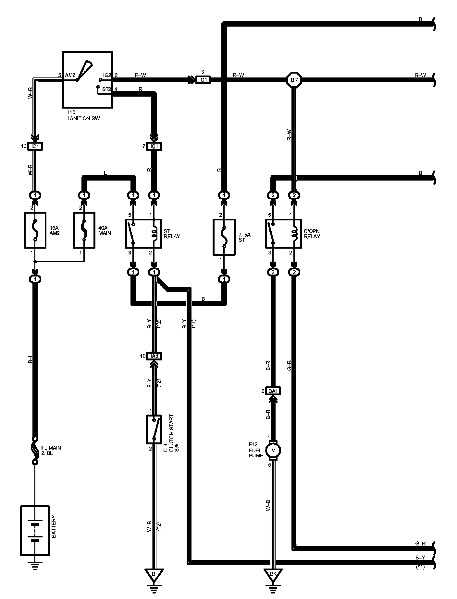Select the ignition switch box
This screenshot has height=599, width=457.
pos(87,79)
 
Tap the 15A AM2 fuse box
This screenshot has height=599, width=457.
pos(35,230)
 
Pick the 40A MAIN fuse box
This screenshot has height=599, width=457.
pos(84,230)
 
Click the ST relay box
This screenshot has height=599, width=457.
pos(143,233)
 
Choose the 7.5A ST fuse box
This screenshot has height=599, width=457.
pos(224,237)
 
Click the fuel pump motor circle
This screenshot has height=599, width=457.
pos(273,450)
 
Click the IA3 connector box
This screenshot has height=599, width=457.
pos(154,356)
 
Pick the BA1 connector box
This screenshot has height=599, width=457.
pos(273,391)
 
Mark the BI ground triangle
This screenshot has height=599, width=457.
pos(154,574)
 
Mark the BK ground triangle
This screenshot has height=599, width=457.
pos(273,574)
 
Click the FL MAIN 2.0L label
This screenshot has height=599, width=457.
pos(51,450)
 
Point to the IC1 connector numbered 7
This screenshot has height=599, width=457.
pos(154,146)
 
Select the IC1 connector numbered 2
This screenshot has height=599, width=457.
pos(203,79)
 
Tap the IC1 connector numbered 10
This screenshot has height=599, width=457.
pos(35,146)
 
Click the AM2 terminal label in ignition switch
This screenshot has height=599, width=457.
pos(70,75)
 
